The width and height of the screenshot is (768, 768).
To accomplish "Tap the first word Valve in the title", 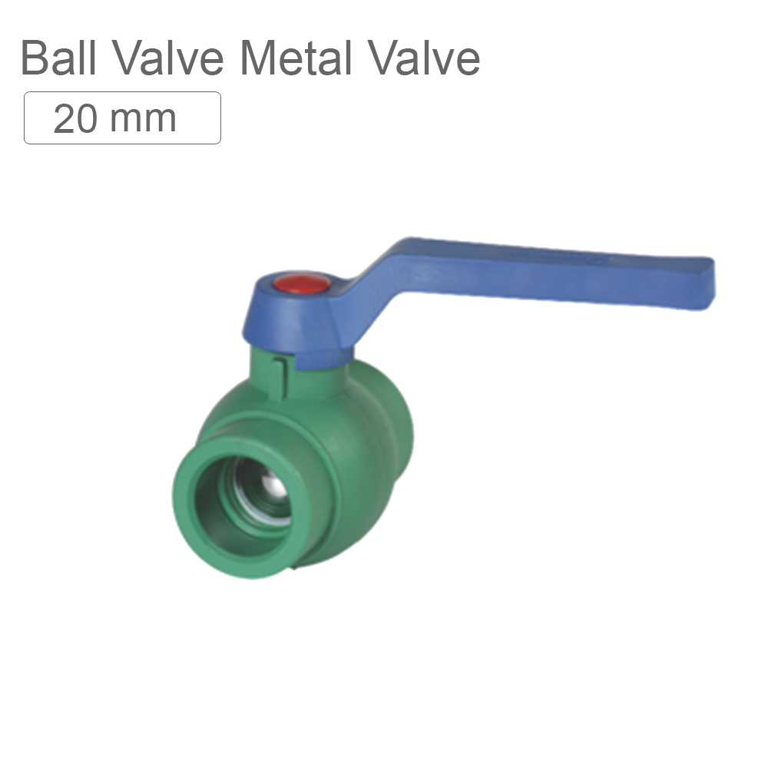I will tap(174, 58).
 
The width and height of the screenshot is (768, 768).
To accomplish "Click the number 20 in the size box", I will tap(74, 118).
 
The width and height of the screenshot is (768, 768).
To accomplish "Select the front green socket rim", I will tap(184, 492).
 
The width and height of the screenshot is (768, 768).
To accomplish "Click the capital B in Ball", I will tap(35, 58).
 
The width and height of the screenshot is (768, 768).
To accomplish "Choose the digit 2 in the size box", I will tap(64, 118).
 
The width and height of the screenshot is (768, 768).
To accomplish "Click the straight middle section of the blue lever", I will tap(538, 265).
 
